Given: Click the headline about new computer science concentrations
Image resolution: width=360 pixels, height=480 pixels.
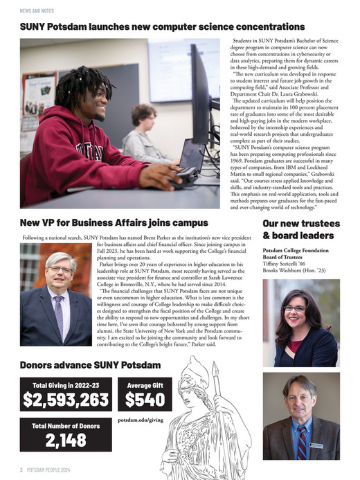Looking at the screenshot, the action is (x=153, y=26).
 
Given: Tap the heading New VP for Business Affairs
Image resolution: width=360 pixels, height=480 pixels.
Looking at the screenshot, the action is (x=114, y=223).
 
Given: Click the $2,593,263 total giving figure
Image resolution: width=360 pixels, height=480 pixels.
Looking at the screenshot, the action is (x=66, y=399).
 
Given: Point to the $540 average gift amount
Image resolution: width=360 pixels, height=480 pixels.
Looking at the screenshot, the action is (x=145, y=399).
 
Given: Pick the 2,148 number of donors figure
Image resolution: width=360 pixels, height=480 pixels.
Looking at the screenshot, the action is (x=66, y=441).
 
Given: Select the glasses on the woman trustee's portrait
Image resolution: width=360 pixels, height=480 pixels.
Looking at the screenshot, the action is (x=294, y=308).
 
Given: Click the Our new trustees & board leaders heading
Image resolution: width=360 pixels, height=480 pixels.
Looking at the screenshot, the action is (x=301, y=229).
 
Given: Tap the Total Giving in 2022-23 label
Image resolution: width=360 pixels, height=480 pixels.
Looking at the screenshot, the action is (x=66, y=384).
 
